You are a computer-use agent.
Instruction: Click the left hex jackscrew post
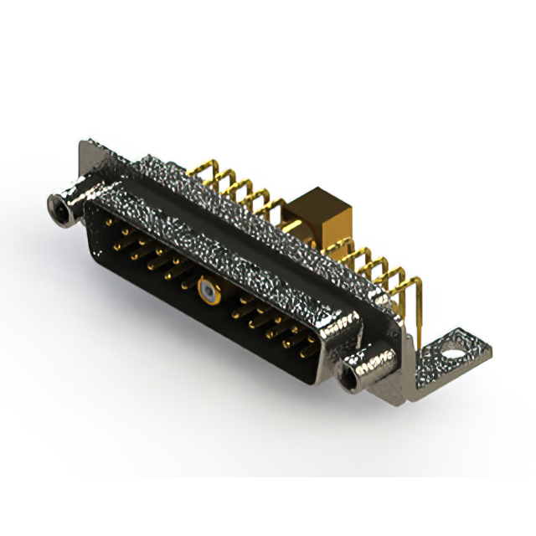(x=63, y=204)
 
